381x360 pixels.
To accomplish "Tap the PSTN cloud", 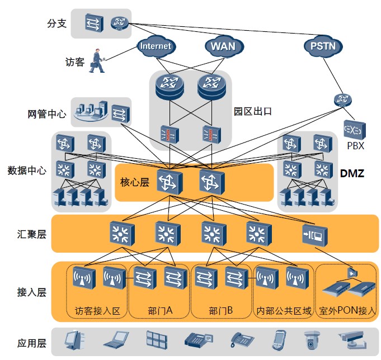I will tap(323, 46).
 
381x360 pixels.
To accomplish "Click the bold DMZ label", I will tap(352, 174).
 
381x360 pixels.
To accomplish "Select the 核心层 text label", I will tap(135, 182).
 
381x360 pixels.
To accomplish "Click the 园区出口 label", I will tap(252, 111).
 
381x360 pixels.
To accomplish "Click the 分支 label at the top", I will tap(58, 23).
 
